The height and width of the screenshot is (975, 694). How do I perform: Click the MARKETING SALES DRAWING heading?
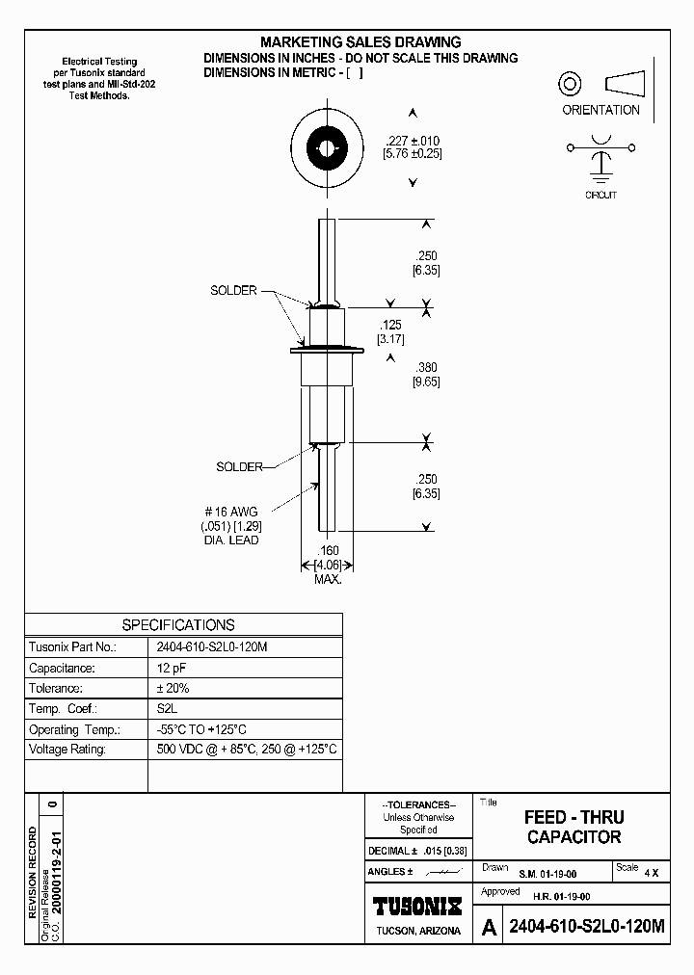click(x=360, y=42)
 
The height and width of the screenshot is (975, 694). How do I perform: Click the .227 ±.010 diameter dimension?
click(x=413, y=141)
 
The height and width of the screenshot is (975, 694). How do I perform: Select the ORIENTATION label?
click(x=601, y=110)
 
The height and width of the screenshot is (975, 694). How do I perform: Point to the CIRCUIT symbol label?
click(x=601, y=195)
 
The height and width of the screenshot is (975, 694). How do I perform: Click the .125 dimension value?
click(x=390, y=325)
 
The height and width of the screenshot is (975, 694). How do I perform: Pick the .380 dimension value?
click(x=426, y=367)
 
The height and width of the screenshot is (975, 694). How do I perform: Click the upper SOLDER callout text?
click(x=233, y=290)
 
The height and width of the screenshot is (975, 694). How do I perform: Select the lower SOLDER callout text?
click(x=240, y=466)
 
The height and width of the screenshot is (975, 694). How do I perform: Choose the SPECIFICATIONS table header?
click(x=178, y=624)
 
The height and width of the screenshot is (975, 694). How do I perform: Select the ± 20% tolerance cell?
click(x=173, y=689)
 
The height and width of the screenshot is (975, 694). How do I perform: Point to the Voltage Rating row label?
click(x=67, y=749)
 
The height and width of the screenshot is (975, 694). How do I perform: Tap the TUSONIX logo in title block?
click(x=417, y=906)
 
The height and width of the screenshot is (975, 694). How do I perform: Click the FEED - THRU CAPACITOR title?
click(x=574, y=828)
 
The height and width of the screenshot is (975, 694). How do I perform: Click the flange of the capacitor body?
click(x=328, y=350)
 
